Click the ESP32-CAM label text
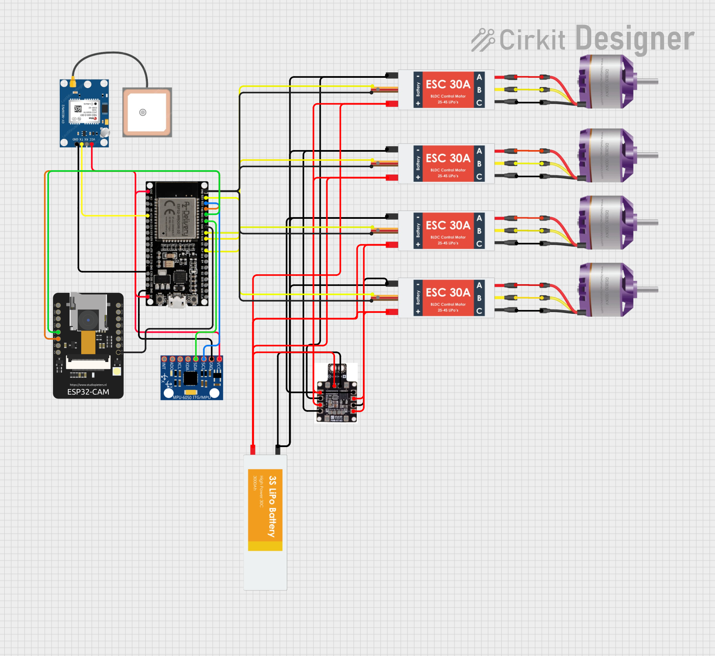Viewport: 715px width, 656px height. (88, 392)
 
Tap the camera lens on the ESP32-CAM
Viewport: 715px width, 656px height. (89, 320)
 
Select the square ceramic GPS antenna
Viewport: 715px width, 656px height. (147, 112)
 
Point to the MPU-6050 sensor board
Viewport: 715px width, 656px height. (192, 378)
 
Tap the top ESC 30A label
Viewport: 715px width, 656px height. (448, 84)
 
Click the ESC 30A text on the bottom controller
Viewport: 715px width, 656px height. (448, 292)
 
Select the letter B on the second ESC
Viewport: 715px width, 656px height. (479, 164)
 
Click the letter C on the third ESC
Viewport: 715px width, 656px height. (479, 244)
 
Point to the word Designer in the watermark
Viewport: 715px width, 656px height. (635, 39)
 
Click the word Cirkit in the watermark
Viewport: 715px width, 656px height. (532, 40)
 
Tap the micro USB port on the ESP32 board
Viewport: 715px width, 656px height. (177, 300)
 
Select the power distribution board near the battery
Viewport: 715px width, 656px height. (336, 393)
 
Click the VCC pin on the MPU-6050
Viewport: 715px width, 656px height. (219, 359)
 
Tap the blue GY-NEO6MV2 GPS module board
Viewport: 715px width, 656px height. (84, 113)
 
